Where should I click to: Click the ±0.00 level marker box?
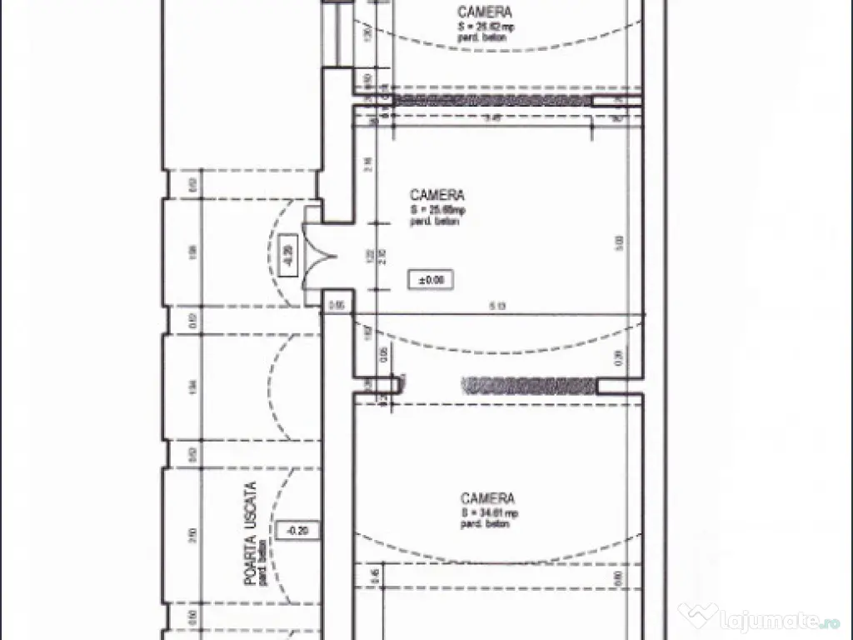(x=431, y=280)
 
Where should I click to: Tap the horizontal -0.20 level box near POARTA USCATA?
(x=297, y=530)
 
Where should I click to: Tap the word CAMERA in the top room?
(x=485, y=12)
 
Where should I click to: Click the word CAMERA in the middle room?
(x=437, y=196)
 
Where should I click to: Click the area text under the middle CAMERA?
(x=437, y=210)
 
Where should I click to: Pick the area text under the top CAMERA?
(x=485, y=26)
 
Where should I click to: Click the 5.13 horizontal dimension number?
(x=498, y=307)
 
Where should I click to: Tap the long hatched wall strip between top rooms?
(x=491, y=100)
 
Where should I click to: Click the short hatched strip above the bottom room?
(x=529, y=385)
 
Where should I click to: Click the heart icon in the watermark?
(x=696, y=617)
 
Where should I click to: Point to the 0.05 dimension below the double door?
(x=337, y=306)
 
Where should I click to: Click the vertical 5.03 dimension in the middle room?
(x=619, y=242)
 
